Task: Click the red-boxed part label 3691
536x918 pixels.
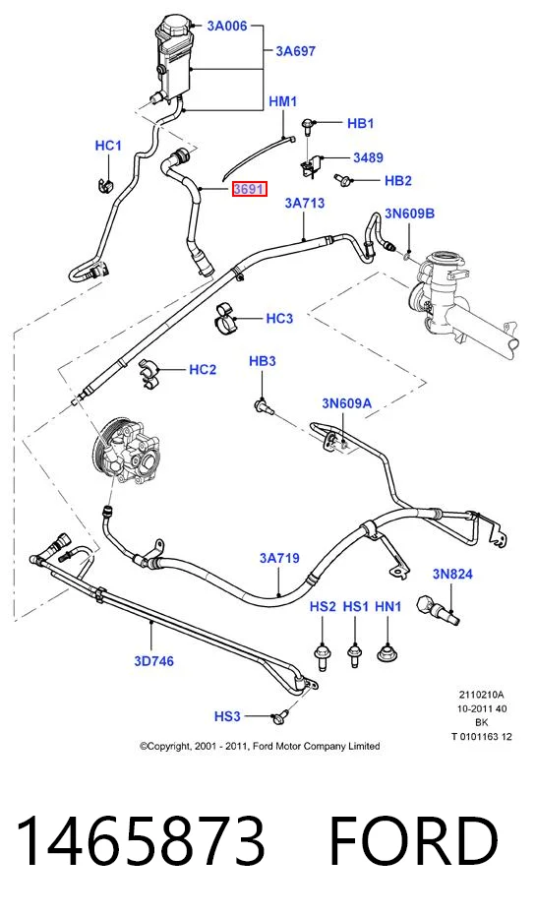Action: pyautogui.click(x=249, y=189)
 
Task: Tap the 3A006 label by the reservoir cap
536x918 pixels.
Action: pyautogui.click(x=227, y=26)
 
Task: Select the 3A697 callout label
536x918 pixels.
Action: pyautogui.click(x=295, y=51)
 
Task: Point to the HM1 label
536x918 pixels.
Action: pyautogui.click(x=282, y=101)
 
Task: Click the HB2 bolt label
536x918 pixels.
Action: pyautogui.click(x=398, y=181)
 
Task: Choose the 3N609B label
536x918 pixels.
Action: pyautogui.click(x=409, y=214)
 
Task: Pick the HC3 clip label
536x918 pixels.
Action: pyautogui.click(x=279, y=319)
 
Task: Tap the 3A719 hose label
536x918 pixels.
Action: pyautogui.click(x=279, y=558)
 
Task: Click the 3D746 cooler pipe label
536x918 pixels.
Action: pyautogui.click(x=153, y=661)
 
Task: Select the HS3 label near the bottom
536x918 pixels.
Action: pyautogui.click(x=227, y=716)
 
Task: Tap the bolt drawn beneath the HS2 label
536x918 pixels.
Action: pyautogui.click(x=322, y=656)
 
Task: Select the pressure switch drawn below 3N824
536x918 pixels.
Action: pyautogui.click(x=438, y=609)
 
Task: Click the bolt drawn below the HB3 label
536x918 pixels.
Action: pyautogui.click(x=265, y=405)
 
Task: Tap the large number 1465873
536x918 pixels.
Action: pyautogui.click(x=141, y=840)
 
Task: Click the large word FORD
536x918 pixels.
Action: pyautogui.click(x=414, y=840)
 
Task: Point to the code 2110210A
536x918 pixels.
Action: pyautogui.click(x=481, y=695)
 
